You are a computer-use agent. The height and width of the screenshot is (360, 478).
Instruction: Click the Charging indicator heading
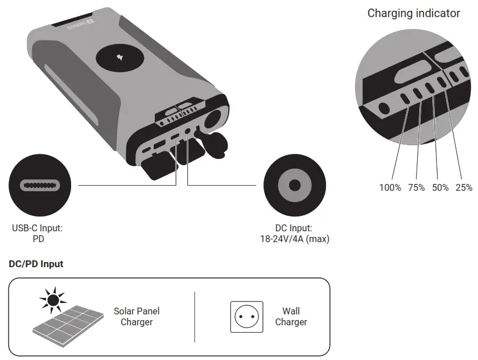click(x=414, y=13)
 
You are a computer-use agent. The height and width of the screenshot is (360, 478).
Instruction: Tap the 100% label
click(x=390, y=187)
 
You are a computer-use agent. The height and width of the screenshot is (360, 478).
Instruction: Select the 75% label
click(x=416, y=187)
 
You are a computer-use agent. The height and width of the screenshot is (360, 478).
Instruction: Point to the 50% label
click(x=440, y=187)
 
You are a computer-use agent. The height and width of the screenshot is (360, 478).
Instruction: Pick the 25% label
click(x=464, y=187)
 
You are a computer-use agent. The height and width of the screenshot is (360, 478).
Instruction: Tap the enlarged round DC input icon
click(x=294, y=185)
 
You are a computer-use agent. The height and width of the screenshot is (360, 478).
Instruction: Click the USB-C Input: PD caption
click(x=38, y=234)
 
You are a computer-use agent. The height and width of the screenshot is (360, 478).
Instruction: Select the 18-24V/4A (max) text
click(x=294, y=239)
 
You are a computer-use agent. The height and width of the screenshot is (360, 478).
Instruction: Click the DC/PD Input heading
click(x=36, y=264)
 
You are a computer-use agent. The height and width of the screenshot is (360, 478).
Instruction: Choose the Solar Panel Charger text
click(x=137, y=317)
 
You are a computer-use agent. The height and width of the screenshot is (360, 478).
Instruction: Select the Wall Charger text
click(x=291, y=317)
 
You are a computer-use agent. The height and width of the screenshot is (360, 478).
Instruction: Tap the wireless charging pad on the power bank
click(x=120, y=58)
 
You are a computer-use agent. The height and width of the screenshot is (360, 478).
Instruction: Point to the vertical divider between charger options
click(x=195, y=317)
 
